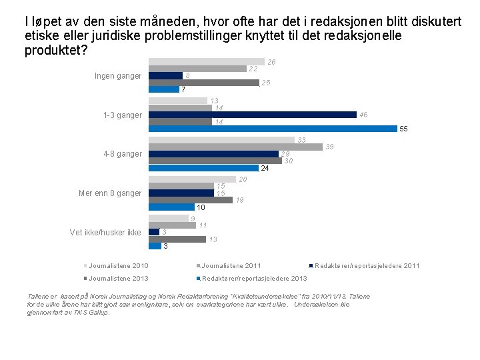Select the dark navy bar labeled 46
pyautogui.click(x=252, y=115)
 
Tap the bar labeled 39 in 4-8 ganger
pyautogui.click(x=235, y=147)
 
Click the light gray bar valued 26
pyautogui.click(x=206, y=61)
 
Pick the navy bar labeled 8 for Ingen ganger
pyautogui.click(x=165, y=75)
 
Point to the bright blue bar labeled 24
pyautogui.click(x=203, y=168)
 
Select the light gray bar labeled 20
pyautogui.click(x=192, y=179)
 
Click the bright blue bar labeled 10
pyautogui.click(x=171, y=207)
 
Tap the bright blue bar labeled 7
pyautogui.click(x=163, y=89)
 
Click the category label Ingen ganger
pyautogui.click(x=118, y=76)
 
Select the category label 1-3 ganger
pyautogui.click(x=122, y=115)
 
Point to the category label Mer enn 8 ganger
pyautogui.click(x=110, y=193)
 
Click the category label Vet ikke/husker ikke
pyautogui.click(x=105, y=233)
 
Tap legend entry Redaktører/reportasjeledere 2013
pyautogui.click(x=254, y=278)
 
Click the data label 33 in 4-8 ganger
pyautogui.click(x=301, y=140)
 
